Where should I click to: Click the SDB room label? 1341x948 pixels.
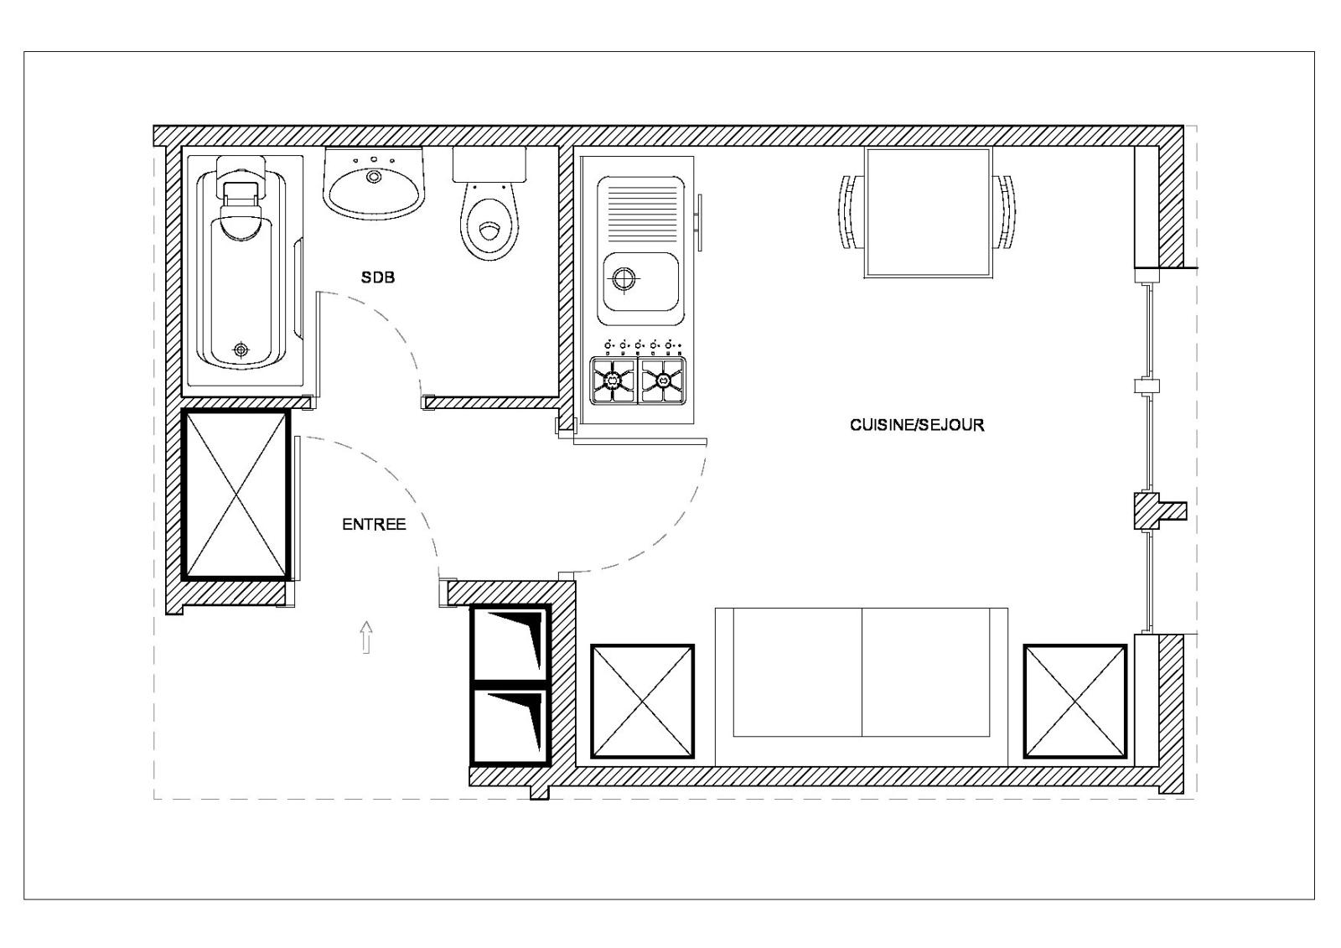pos(378,277)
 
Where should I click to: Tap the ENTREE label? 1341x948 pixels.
pos(374,525)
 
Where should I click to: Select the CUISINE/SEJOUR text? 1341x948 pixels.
pos(917,425)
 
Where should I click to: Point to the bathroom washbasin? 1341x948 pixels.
pos(374,183)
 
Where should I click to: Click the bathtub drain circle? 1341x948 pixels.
pos(241,350)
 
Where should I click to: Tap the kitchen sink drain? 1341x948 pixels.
pos(624,278)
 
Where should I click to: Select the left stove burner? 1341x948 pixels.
pos(613,380)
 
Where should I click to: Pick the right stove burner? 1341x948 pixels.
pos(663,380)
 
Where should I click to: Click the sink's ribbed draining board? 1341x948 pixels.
pos(640,212)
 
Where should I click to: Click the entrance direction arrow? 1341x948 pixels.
pos(366,637)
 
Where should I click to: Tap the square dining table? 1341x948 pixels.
pos(929,213)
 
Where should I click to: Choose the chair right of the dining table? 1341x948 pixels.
pos(1005,212)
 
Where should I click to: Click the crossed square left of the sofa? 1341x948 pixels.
pos(642,702)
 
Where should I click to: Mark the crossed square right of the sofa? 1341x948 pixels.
pos(1075,702)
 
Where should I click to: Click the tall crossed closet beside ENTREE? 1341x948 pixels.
pos(236,495)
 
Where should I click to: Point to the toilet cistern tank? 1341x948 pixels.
pos(489,164)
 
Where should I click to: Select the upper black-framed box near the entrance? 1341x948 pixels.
pos(510,643)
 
